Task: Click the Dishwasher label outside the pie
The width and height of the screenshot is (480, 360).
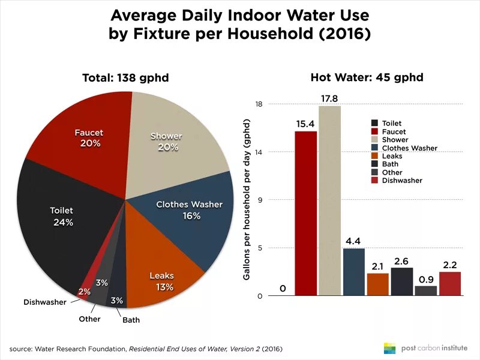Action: (45, 302)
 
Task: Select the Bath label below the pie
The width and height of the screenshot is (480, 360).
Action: (131, 320)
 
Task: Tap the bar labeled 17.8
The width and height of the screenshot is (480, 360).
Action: (329, 200)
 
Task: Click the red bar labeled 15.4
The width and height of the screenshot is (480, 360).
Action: (306, 213)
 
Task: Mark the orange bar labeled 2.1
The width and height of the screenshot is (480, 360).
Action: (377, 284)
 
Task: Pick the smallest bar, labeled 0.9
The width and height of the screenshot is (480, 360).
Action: (425, 290)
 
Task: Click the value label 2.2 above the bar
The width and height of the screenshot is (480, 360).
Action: (450, 264)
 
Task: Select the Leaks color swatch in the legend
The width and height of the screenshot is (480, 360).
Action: (375, 156)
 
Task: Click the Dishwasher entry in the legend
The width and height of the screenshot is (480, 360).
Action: (402, 181)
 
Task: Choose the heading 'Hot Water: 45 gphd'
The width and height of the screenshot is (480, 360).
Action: (367, 77)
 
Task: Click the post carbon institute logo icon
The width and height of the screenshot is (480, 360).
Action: (390, 348)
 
